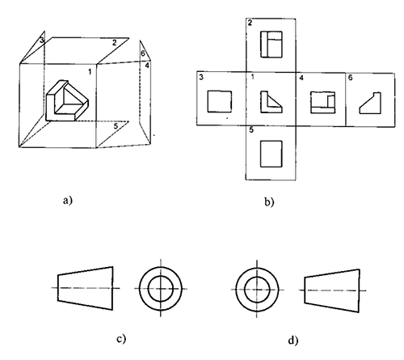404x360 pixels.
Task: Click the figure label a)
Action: (x=68, y=201)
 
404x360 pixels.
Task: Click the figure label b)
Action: (x=269, y=201)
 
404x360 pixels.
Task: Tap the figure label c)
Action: (x=121, y=339)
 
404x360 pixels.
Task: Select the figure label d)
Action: (x=293, y=341)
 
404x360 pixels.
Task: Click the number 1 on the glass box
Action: (x=90, y=72)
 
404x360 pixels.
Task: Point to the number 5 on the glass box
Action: (x=116, y=126)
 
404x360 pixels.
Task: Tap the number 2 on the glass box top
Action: (x=115, y=43)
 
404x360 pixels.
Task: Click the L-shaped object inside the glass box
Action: (x=67, y=100)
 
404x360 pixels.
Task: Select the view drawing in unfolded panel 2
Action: (x=271, y=44)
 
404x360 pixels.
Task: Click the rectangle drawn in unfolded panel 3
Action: (x=220, y=101)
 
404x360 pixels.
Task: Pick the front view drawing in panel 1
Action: (x=271, y=102)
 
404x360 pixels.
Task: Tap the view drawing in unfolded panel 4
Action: (x=322, y=103)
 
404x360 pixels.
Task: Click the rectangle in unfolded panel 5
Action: (x=271, y=154)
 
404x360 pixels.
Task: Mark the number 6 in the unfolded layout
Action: (x=350, y=78)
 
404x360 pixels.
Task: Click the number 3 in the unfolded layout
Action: (x=201, y=77)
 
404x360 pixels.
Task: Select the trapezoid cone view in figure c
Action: (x=85, y=288)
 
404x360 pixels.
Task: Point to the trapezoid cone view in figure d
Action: (x=332, y=290)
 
